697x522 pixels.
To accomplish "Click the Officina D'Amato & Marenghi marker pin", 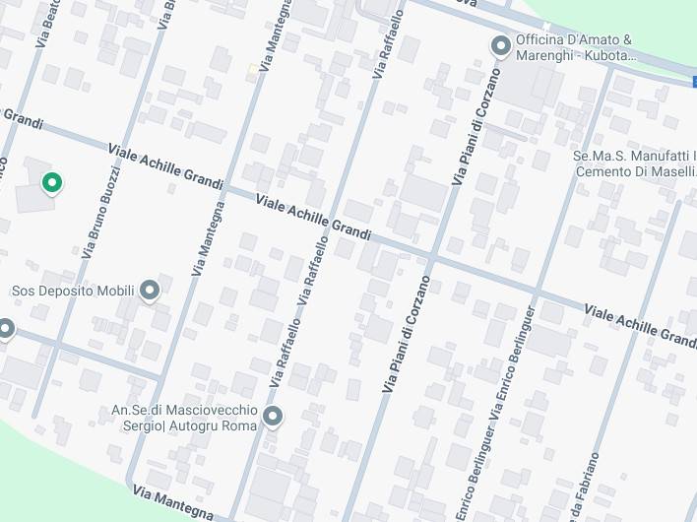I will coord(500,45).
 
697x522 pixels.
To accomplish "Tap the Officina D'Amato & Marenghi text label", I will coord(571,48).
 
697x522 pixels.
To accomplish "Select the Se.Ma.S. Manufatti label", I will coord(634,163).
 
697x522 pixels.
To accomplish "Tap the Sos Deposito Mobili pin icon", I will coord(150,291).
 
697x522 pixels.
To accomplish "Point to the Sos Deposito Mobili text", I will coord(72,292).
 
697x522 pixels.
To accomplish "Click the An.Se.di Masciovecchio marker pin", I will coord(273,418).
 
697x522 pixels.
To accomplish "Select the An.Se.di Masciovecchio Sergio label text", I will coord(184,418).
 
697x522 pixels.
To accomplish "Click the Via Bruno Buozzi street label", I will coord(101,213).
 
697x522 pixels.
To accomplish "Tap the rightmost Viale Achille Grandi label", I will coord(640,324).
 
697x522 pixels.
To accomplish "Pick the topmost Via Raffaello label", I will coord(389,44).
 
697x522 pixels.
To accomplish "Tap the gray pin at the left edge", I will coord(5,328).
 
